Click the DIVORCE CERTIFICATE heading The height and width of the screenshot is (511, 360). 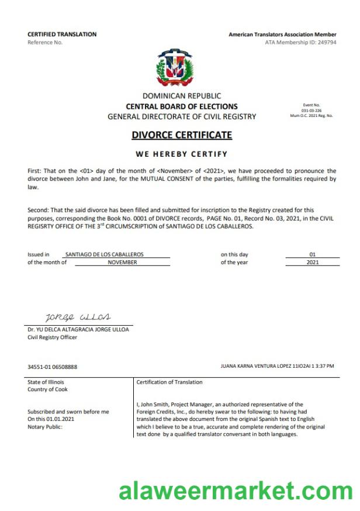[182, 135]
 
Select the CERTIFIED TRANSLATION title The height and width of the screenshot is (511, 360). [62, 34]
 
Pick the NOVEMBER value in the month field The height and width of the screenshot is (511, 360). [122, 263]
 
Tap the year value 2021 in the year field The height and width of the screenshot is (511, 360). [312, 263]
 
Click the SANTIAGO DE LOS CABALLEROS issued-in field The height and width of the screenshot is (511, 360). [105, 254]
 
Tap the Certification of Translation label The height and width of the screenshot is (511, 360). [169, 382]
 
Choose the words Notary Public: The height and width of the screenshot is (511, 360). [44, 427]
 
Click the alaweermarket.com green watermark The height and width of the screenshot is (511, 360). [236, 491]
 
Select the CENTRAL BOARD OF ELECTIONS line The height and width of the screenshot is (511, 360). [182, 106]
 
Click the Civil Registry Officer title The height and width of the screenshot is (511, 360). [52, 337]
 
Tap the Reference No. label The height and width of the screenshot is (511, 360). [45, 42]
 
